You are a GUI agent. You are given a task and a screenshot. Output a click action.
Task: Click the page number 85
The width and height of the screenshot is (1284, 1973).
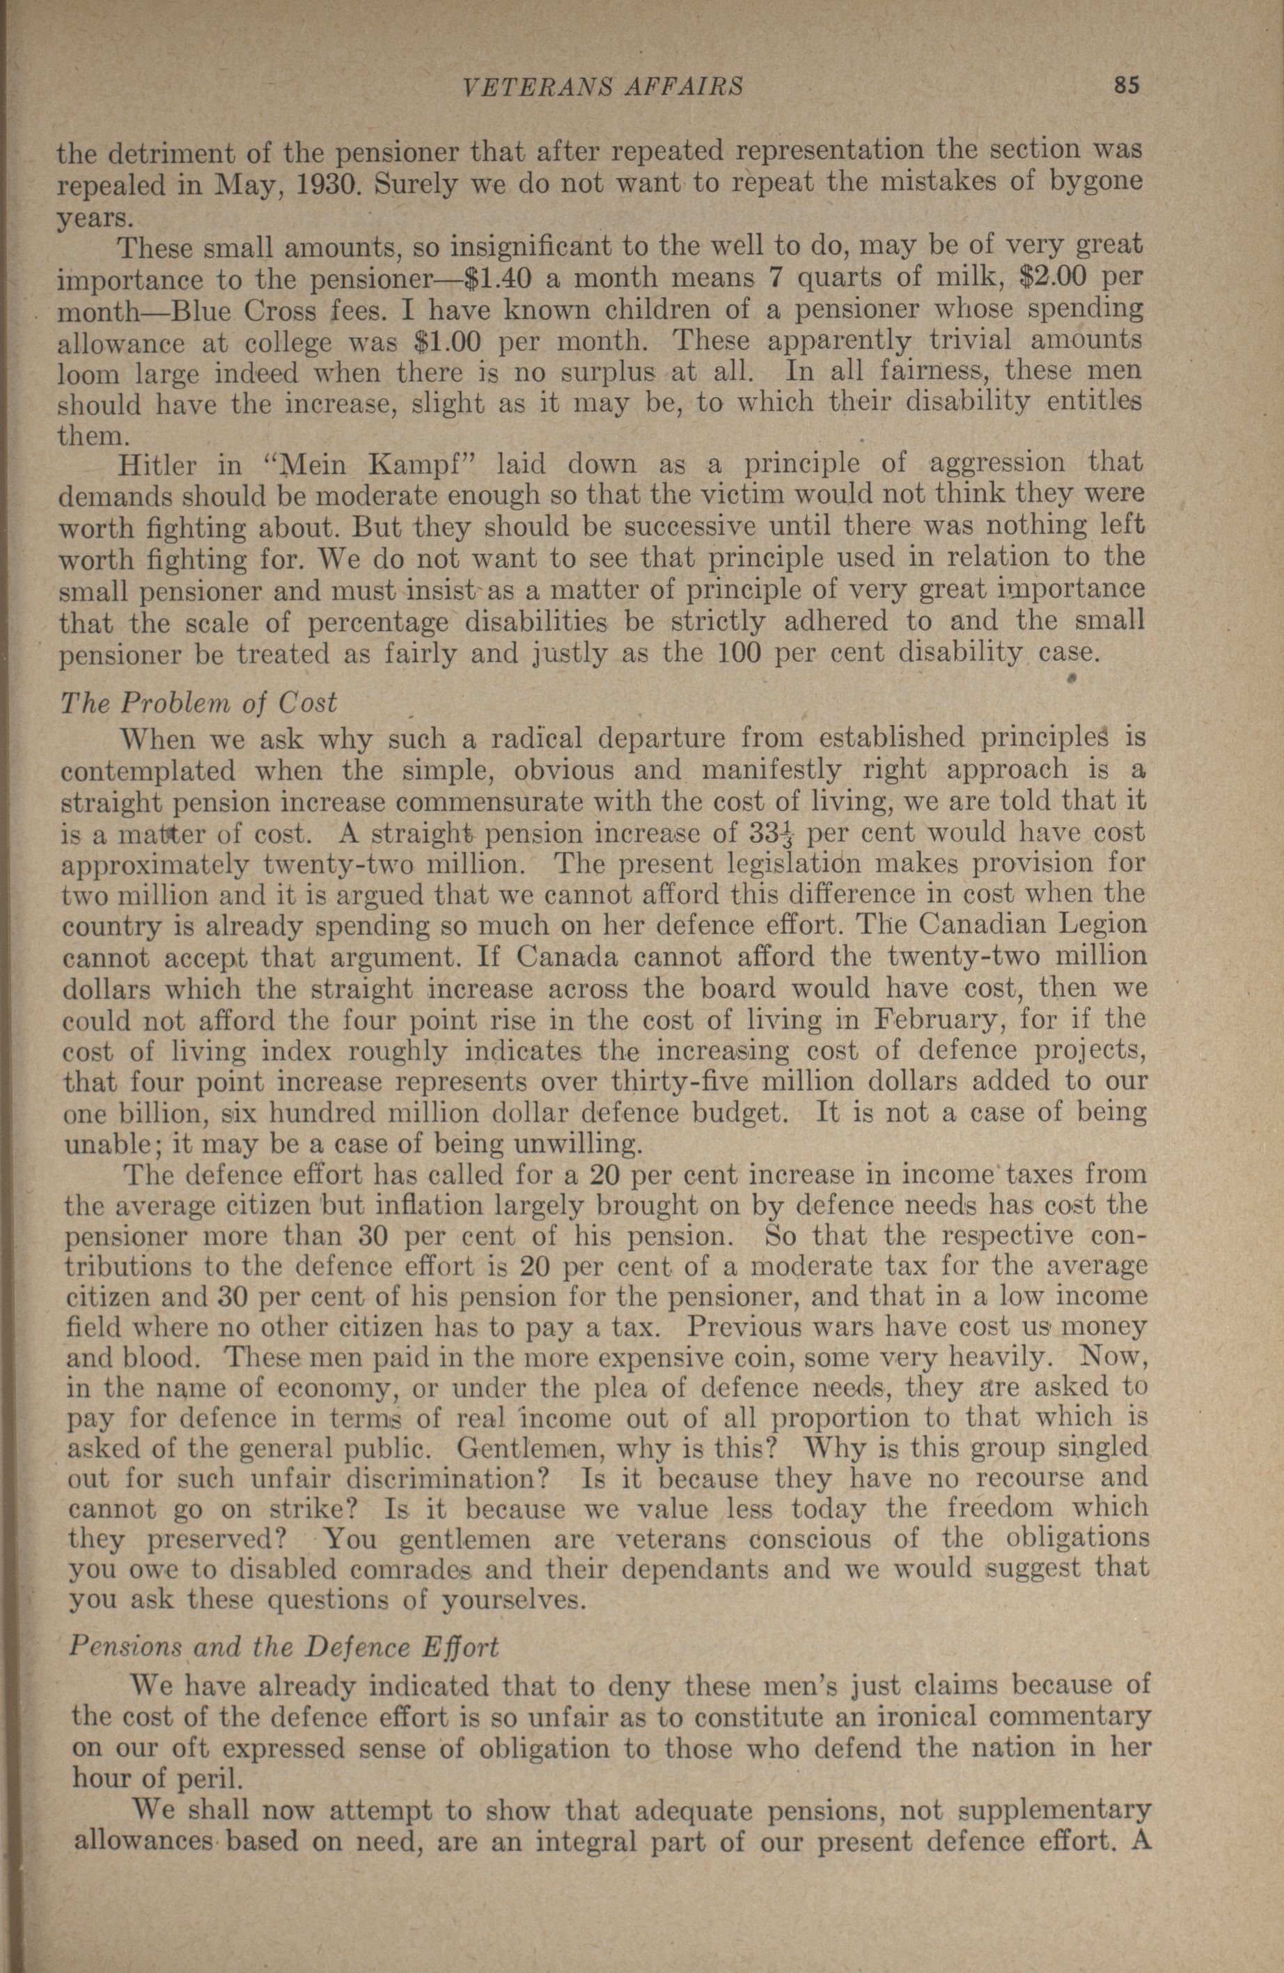coord(1129,86)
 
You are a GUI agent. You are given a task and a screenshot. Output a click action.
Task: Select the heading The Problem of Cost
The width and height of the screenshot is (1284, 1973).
coord(200,703)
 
